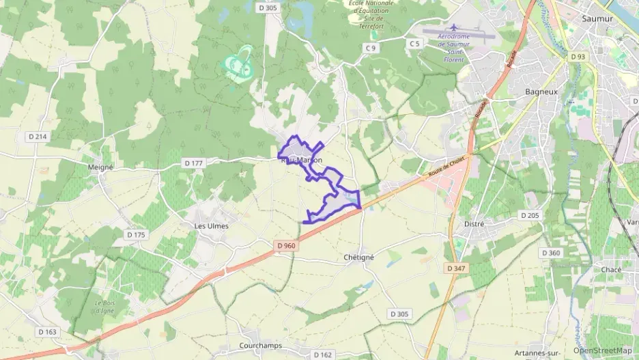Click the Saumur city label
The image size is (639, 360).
597,18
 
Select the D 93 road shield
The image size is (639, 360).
578,57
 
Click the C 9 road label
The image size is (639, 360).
371,48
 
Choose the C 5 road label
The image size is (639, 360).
414,44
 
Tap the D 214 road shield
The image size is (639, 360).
38,137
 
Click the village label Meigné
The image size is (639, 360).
100,166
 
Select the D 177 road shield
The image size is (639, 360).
194,163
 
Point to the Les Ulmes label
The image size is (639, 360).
212,225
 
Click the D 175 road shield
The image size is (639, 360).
137,234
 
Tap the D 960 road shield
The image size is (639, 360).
286,245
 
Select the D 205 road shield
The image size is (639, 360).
530,215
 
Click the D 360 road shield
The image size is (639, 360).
551,253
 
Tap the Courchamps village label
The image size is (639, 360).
261,346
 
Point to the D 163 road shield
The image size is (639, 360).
47,331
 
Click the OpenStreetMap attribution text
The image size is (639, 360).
603,350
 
